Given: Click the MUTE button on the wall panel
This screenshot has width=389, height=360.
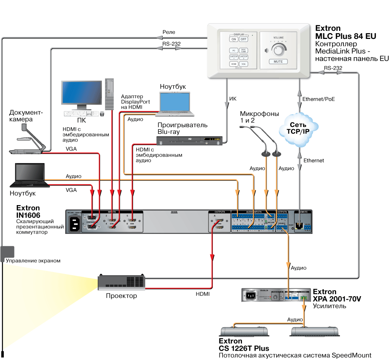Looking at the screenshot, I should (x=278, y=61).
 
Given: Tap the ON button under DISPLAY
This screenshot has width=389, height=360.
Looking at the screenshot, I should (x=234, y=39).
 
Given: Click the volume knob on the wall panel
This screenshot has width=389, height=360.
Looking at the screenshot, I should (x=278, y=49).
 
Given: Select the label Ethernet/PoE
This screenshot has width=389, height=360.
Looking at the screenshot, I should (x=319, y=99).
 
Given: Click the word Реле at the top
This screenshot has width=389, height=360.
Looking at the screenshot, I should (x=169, y=32).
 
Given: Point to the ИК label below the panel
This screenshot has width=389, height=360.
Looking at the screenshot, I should (x=233, y=99).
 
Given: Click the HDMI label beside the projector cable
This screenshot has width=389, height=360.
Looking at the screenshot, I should (x=203, y=294).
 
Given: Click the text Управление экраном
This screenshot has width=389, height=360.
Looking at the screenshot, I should (x=33, y=260).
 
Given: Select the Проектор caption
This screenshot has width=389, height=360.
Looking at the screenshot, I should (x=121, y=296).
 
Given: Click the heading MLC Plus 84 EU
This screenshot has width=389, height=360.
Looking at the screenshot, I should (x=345, y=36).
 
